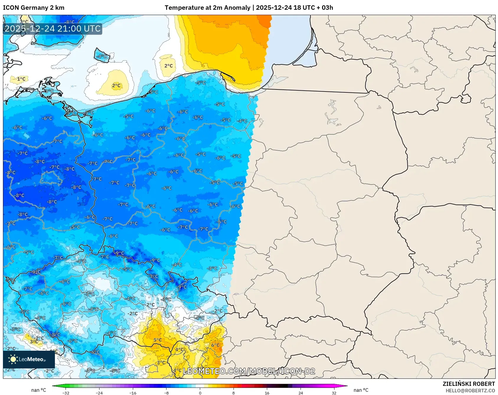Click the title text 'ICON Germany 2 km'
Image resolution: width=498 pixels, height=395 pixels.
33,8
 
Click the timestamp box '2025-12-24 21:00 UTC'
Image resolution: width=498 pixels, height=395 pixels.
53,29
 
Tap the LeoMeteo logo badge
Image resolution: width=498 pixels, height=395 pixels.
29,359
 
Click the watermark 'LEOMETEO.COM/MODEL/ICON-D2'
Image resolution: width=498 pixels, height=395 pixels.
249,371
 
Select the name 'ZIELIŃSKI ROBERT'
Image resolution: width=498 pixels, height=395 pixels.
468,384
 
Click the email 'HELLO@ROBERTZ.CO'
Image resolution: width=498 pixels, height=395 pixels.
470,391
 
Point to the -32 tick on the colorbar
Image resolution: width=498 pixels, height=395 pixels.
66,393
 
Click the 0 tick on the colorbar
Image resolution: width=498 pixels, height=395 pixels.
200,393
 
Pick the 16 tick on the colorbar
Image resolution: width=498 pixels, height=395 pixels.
267,393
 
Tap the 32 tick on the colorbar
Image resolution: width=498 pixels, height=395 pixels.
334,393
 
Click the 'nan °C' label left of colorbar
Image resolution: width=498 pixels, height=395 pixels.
39,390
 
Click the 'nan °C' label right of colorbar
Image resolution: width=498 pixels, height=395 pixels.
361,390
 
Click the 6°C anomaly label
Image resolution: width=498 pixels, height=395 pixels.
215,345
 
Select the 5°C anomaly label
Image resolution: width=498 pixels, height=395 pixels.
157,340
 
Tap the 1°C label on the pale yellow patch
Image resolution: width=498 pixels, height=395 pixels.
21,79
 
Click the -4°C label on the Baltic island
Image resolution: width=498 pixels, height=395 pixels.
102,56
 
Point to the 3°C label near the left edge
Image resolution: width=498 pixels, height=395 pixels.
34,342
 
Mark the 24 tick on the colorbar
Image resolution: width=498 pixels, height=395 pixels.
301,393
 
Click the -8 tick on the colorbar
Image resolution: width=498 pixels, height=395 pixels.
166,393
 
